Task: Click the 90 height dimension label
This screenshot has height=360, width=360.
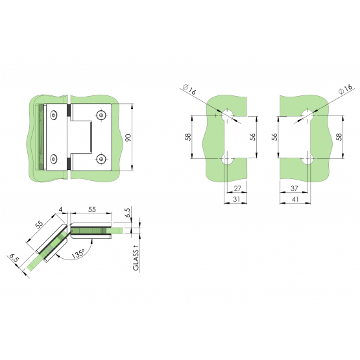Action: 128,138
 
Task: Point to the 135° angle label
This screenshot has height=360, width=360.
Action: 78,254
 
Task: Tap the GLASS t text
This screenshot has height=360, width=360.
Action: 136,258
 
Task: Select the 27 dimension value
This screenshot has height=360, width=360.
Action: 237,188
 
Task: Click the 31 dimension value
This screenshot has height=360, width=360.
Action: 237,199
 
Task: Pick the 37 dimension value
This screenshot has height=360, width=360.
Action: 294,188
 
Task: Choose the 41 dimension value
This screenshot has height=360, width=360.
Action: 294,199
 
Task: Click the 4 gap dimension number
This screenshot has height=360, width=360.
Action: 60,210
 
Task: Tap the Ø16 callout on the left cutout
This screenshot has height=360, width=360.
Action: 189,90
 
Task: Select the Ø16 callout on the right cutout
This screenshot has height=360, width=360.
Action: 345,89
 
